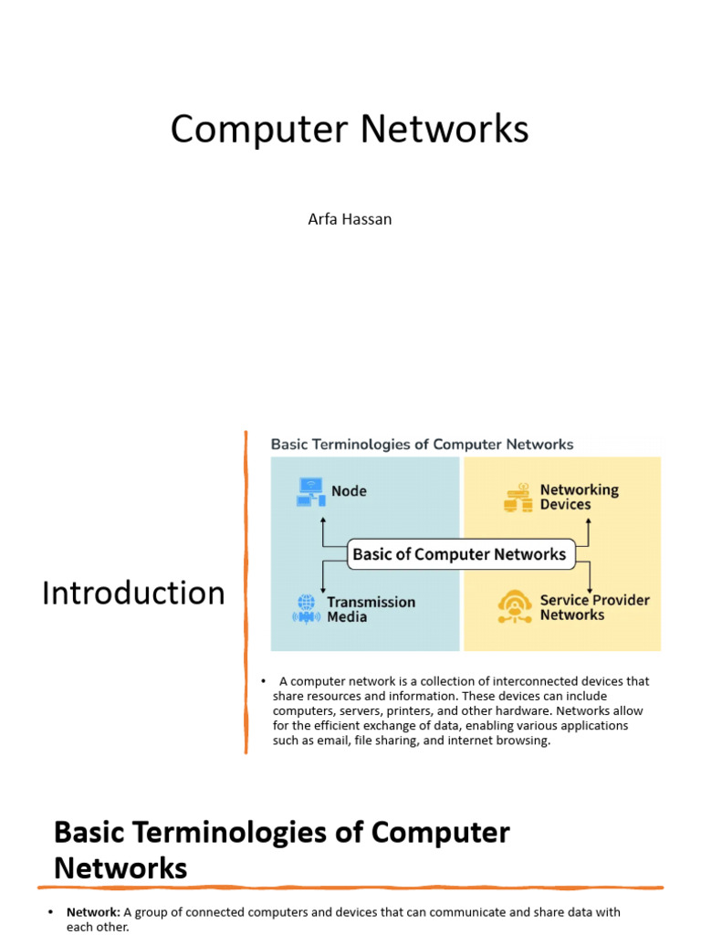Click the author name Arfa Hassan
[x=350, y=219]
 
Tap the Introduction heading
[x=133, y=594]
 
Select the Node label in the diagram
[x=349, y=491]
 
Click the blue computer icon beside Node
[x=310, y=492]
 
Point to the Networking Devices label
[x=580, y=497]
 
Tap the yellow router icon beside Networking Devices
[x=518, y=498]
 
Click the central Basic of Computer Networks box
[x=461, y=554]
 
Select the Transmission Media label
[x=371, y=609]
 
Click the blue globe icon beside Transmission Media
[x=307, y=609]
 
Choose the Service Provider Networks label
[x=594, y=607]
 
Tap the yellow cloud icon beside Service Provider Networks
[x=515, y=607]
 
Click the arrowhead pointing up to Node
[x=323, y=520]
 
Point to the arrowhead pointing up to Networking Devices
[x=589, y=521]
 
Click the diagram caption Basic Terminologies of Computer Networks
[x=422, y=445]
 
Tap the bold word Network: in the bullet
[x=94, y=912]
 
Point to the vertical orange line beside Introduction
[x=246, y=592]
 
